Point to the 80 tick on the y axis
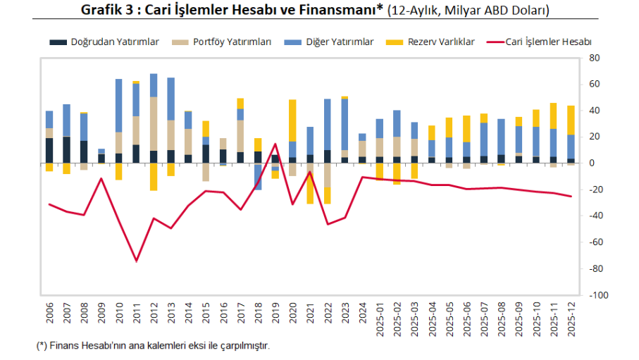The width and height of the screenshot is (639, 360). [593, 58]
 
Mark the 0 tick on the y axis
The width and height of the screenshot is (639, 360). [593, 163]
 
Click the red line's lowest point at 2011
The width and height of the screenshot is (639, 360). [137, 261]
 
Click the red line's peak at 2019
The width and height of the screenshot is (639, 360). [275, 144]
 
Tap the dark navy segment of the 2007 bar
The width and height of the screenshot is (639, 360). [67, 150]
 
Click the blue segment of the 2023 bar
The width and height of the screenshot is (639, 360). [345, 124]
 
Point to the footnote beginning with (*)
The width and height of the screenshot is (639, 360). [152, 346]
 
